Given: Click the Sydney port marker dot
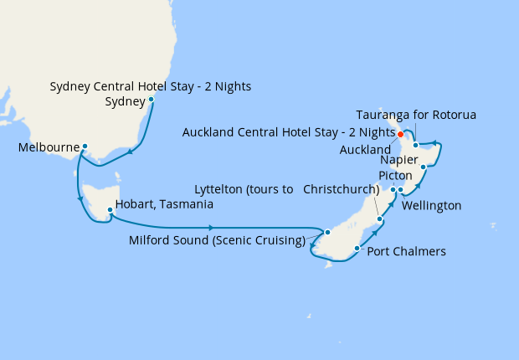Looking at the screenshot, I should (151, 100).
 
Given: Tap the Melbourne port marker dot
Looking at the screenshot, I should (85, 147).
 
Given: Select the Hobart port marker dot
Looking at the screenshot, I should (109, 199).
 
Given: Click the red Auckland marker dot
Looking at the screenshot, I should (400, 134).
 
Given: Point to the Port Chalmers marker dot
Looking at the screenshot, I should (357, 248).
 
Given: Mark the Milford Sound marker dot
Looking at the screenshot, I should (328, 232).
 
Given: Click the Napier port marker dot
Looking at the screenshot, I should (424, 167).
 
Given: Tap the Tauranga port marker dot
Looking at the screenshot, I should (415, 146).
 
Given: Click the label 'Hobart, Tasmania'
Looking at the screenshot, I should (164, 203).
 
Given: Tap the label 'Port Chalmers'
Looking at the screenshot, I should (407, 251).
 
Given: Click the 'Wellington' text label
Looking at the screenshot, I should (432, 205).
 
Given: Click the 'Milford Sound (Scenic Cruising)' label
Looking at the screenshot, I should (217, 241).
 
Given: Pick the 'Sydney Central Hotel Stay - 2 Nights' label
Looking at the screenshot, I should (151, 86).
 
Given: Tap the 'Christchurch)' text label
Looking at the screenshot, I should (341, 189).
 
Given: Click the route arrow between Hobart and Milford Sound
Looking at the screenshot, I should (211, 228).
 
